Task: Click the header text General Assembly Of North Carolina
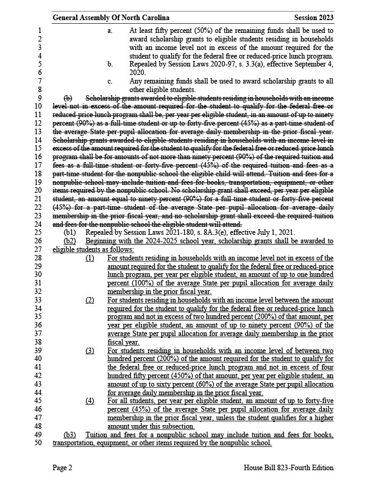111,18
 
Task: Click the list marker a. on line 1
110,29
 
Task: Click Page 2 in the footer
63,468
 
